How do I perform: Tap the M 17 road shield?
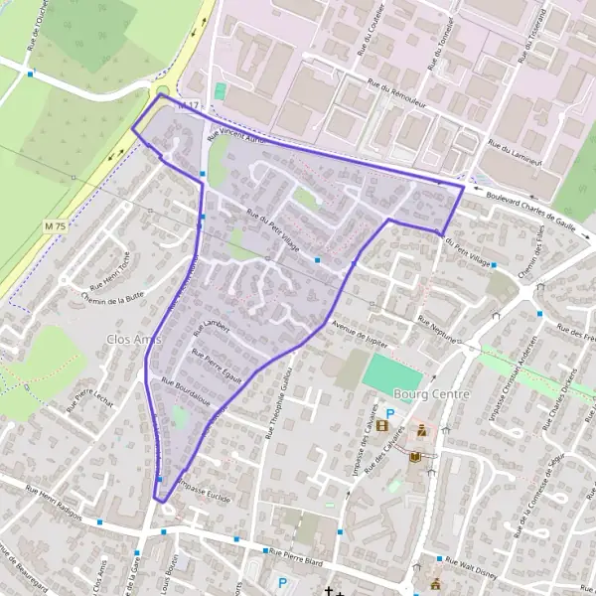coord(189,104)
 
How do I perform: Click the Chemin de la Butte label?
coord(115,296)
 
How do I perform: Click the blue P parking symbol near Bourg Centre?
coord(390,415)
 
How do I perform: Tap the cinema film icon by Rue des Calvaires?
coord(380,427)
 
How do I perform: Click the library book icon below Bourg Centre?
coord(414,456)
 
